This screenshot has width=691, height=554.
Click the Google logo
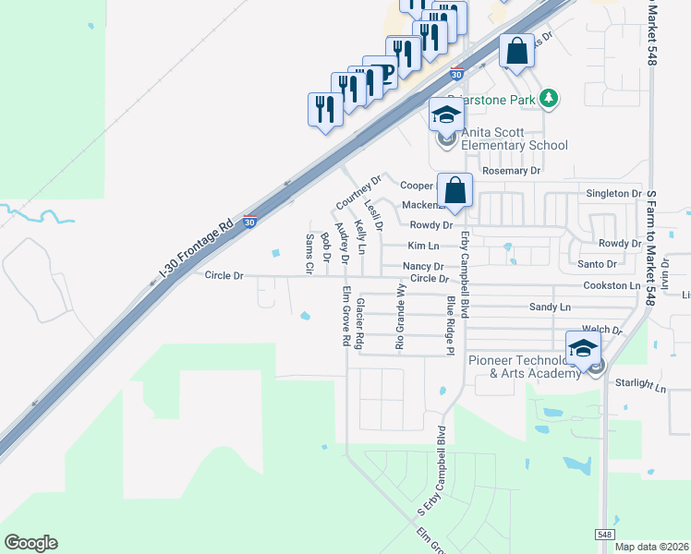30,543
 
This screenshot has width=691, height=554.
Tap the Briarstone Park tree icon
549,98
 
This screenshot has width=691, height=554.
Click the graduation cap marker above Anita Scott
445,116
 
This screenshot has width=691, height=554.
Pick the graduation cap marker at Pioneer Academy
583,349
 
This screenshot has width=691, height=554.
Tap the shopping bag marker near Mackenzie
455,191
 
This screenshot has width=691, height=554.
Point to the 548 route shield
604,534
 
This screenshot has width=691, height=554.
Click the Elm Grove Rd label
345,317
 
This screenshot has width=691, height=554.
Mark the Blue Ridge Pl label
451,325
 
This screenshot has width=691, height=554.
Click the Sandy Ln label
550,307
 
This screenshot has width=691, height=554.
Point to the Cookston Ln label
612,286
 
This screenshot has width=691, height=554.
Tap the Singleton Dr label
613,194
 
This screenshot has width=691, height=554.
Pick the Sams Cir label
309,254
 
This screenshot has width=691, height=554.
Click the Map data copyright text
652,547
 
